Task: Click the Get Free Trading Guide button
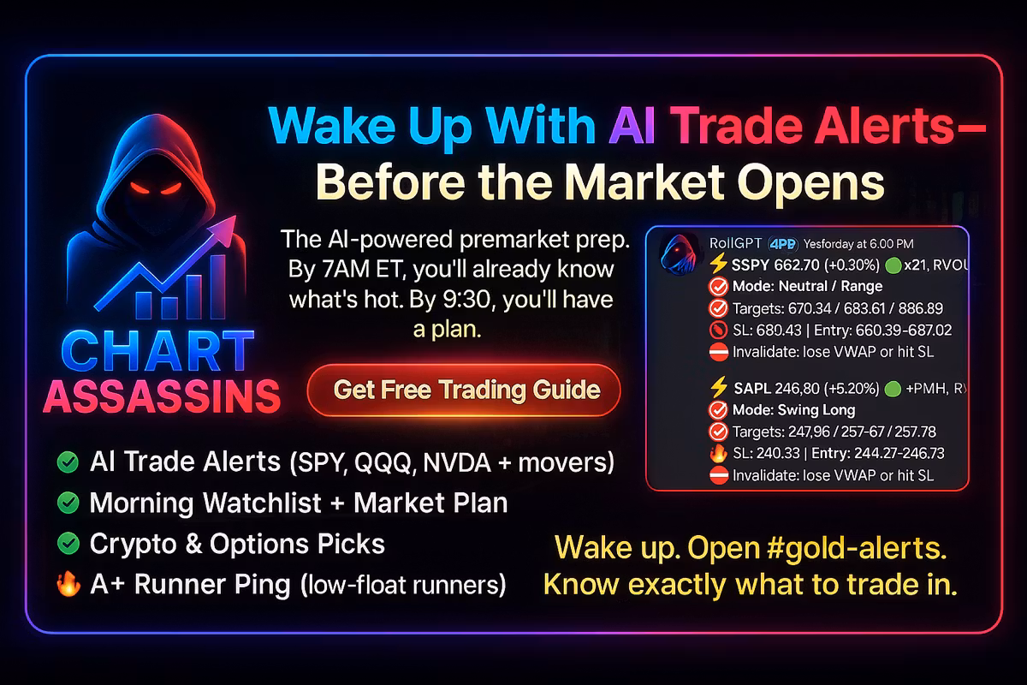click(464, 390)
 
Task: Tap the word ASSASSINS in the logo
click(162, 396)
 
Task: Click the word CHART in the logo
click(157, 350)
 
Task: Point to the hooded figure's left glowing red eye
click(140, 188)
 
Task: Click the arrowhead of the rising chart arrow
click(223, 229)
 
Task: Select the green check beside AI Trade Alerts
click(68, 462)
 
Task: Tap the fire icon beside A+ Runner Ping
click(68, 584)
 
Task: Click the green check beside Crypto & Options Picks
click(68, 544)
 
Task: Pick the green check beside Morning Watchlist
click(68, 503)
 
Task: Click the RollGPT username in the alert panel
click(735, 244)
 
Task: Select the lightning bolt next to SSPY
click(718, 264)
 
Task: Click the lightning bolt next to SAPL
click(718, 387)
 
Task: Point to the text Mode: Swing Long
click(793, 410)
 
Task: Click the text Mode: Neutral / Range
click(807, 286)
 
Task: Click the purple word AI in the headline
click(632, 126)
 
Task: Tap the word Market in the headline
click(648, 182)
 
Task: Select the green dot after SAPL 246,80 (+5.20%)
click(893, 389)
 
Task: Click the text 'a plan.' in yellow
click(448, 330)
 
